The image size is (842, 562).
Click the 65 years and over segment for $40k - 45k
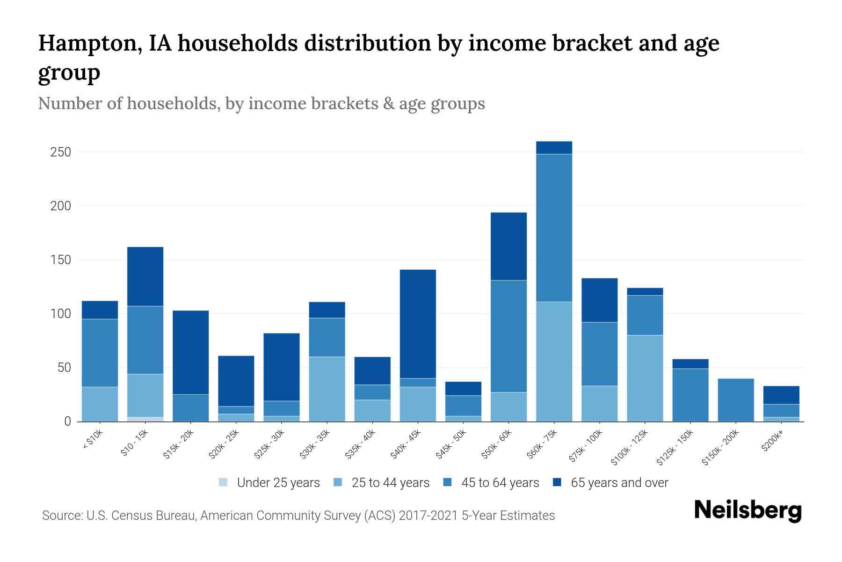[x=418, y=324]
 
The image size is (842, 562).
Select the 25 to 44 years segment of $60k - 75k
[x=554, y=361]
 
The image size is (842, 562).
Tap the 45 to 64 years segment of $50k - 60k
[x=508, y=336]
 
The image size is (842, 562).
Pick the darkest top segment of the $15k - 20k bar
[x=191, y=352]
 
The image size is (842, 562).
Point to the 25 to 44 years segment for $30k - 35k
[x=327, y=389]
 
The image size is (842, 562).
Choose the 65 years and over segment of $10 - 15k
[x=145, y=276]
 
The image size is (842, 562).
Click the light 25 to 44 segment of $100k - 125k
[x=645, y=378]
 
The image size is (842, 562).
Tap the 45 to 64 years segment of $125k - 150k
[x=690, y=395]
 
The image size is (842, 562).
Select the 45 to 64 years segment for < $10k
[x=100, y=353]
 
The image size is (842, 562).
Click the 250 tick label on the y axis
[x=61, y=152]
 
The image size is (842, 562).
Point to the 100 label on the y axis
[x=61, y=314]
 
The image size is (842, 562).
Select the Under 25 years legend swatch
[x=224, y=482]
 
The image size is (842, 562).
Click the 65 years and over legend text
[x=619, y=483]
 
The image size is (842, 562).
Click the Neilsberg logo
[x=748, y=510]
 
